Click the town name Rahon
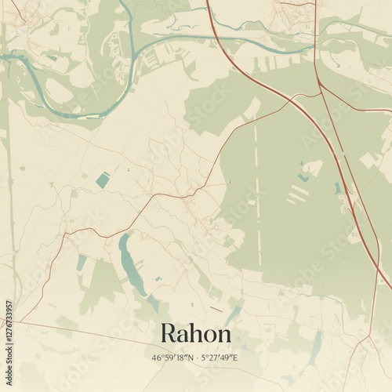[196, 333]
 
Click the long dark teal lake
[129, 267]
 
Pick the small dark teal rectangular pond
[103, 180]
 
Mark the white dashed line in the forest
[256, 188]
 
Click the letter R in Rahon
[168, 333]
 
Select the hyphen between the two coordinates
[196, 358]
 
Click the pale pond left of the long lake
[82, 262]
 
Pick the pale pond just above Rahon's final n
[233, 315]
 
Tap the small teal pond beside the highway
[338, 188]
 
